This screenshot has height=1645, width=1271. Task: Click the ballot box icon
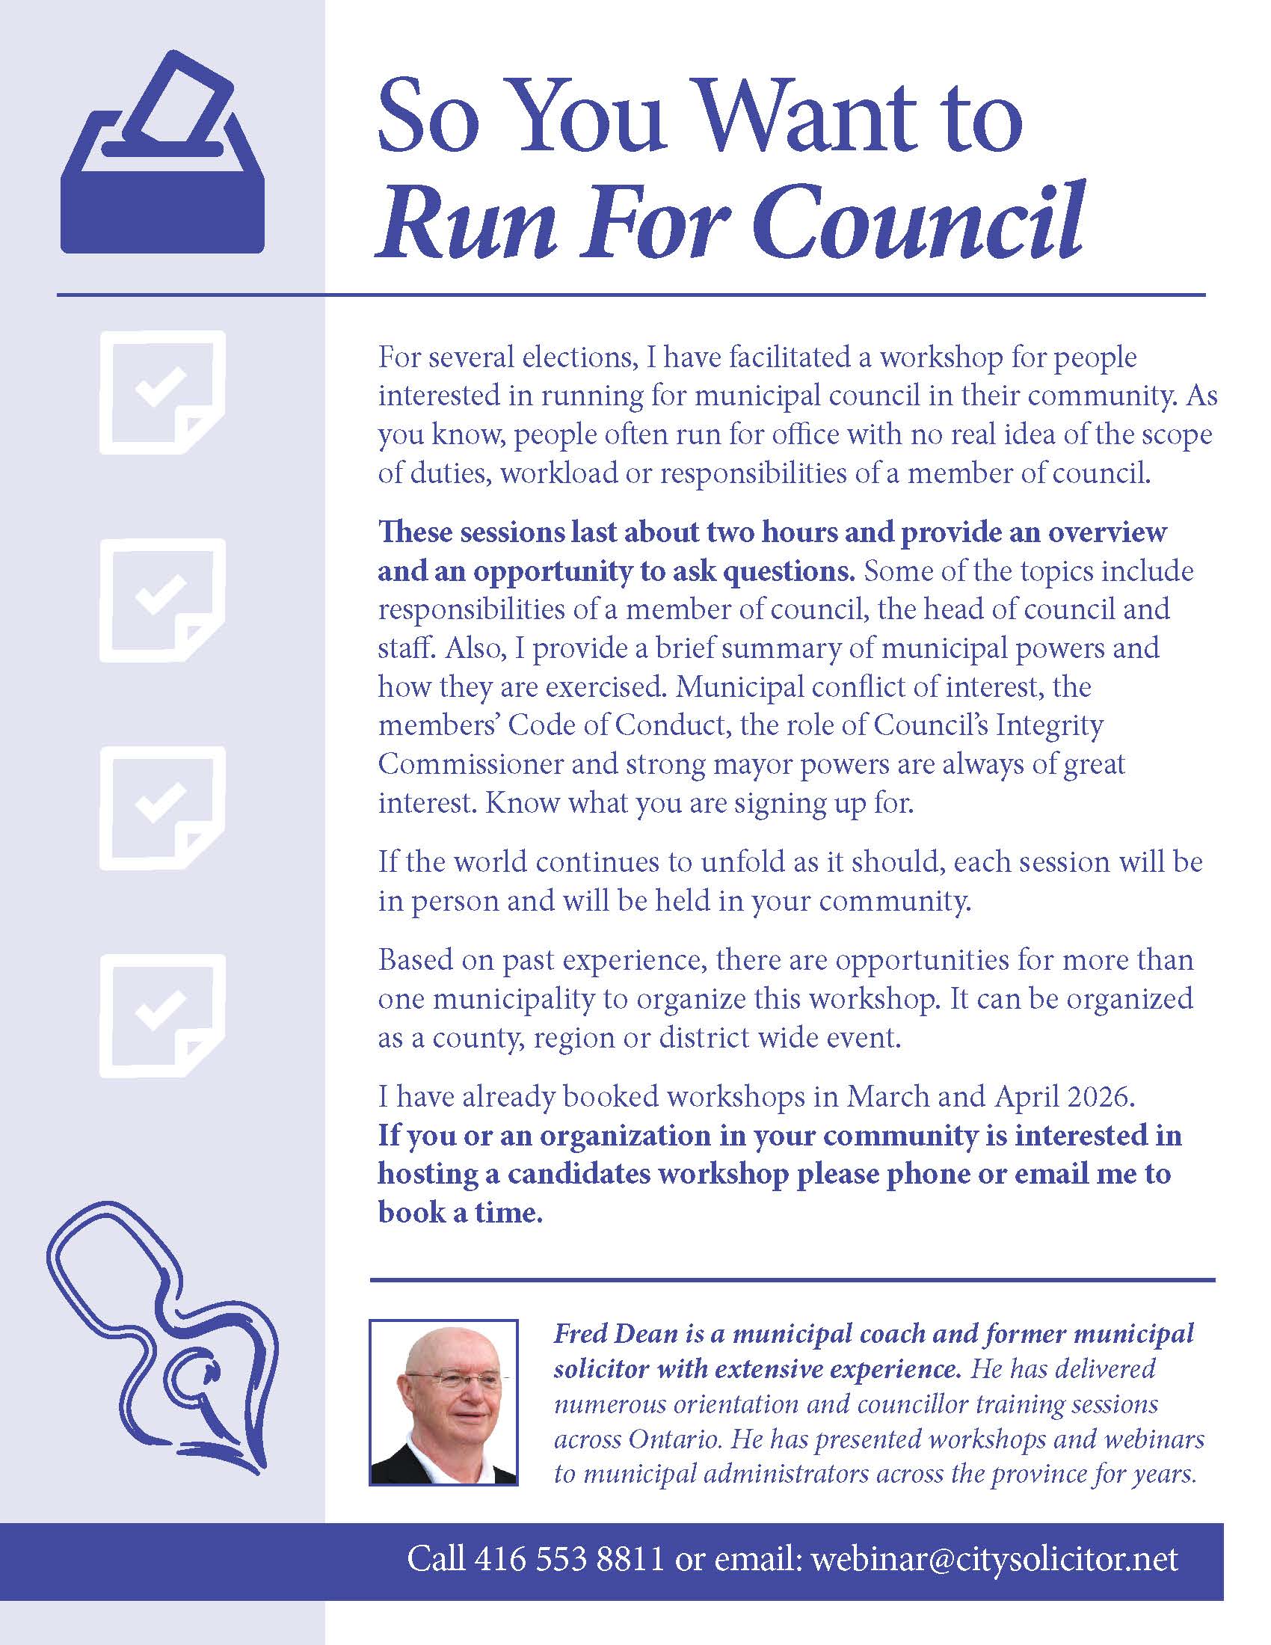pyautogui.click(x=162, y=155)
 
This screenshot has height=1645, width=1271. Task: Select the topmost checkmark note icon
pyautogui.click(x=162, y=393)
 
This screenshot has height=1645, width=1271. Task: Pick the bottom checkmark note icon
pyautogui.click(x=162, y=1015)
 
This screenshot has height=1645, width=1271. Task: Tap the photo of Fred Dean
pyautogui.click(x=443, y=1403)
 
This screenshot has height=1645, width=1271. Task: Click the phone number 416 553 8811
pyautogui.click(x=569, y=1558)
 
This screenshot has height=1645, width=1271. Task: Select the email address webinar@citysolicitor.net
pyautogui.click(x=994, y=1558)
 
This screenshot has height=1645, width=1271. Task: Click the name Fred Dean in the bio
pyautogui.click(x=617, y=1334)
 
